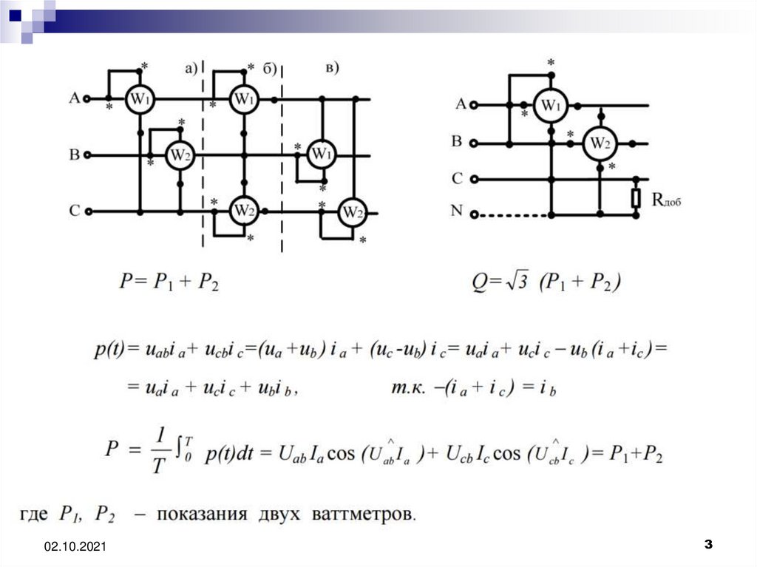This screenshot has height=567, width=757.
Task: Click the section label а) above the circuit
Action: (191, 69)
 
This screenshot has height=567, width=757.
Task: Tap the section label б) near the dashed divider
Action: (269, 69)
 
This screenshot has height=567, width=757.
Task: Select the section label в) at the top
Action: (333, 69)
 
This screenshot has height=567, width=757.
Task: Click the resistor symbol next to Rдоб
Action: (636, 197)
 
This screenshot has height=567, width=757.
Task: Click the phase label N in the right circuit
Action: (458, 211)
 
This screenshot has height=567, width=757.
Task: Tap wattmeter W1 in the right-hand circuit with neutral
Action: (549, 105)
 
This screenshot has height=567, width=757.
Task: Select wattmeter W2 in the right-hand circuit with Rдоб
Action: (600, 143)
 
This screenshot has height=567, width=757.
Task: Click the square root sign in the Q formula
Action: (516, 281)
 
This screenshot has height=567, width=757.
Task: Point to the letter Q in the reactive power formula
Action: (479, 282)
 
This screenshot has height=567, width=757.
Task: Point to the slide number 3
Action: (708, 545)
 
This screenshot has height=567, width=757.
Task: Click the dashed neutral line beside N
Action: (510, 215)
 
